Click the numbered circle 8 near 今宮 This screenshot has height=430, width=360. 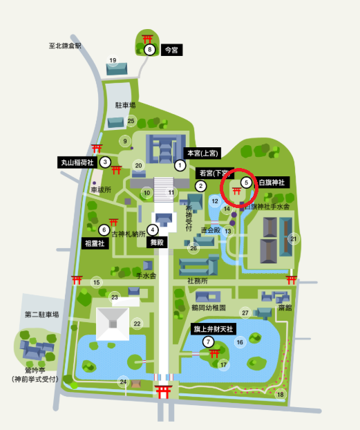pos(150,49)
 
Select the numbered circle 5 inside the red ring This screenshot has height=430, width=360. pos(246,183)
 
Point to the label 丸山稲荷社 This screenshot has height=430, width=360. pos(76,162)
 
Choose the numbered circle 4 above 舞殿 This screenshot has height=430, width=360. pos(152,230)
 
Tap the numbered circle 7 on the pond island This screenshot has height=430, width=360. pos(207,342)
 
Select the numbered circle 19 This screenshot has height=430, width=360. pos(112,61)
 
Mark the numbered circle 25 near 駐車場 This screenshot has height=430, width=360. pos(131,121)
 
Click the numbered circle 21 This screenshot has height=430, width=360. pos(294,239)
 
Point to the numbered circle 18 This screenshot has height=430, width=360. pos(280,394)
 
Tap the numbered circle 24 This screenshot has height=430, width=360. pos(123,382)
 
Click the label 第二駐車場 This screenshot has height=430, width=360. pos(41,315)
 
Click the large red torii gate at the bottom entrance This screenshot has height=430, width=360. pos(163,392)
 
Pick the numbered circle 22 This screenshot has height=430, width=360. pos(137,324)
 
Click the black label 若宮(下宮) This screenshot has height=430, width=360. pos(215,173)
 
